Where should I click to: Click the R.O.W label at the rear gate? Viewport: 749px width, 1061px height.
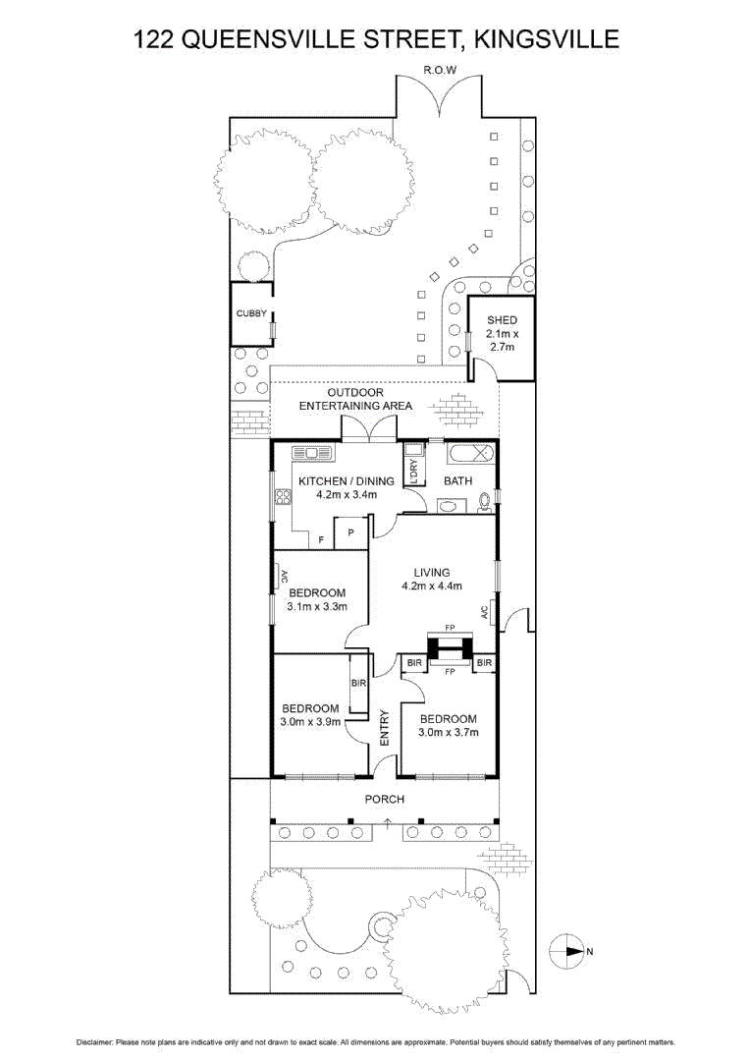tap(441, 70)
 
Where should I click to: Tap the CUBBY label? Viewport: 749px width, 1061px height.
tap(250, 313)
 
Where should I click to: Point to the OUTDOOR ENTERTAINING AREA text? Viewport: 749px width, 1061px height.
tap(355, 399)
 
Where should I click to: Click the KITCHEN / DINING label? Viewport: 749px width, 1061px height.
tap(347, 481)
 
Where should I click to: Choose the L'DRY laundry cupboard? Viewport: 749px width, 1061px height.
tap(414, 472)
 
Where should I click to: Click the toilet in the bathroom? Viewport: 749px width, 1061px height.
tap(483, 503)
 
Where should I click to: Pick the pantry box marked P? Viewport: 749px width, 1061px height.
tap(349, 533)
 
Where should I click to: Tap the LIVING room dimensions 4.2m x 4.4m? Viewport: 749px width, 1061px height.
tap(432, 586)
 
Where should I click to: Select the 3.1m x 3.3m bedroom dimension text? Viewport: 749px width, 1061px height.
tap(317, 606)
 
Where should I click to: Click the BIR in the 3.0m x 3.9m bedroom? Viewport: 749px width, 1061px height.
tap(358, 682)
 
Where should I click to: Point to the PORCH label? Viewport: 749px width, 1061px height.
tap(384, 799)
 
